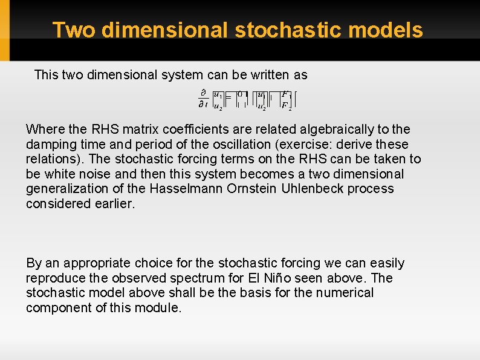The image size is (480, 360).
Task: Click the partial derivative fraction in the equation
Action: click(x=203, y=99)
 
